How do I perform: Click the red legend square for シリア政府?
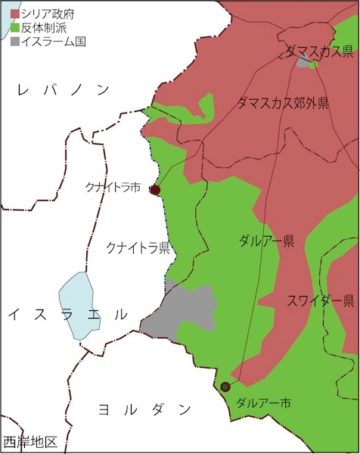click(15, 14)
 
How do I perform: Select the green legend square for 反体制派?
click(15, 27)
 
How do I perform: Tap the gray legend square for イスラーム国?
click(15, 41)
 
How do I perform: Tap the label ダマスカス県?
click(319, 51)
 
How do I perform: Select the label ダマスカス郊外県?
click(283, 103)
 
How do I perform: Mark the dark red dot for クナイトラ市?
click(155, 190)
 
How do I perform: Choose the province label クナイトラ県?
click(138, 247)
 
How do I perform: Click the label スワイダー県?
click(320, 300)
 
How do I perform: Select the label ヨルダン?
click(146, 410)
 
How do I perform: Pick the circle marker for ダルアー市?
click(225, 387)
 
